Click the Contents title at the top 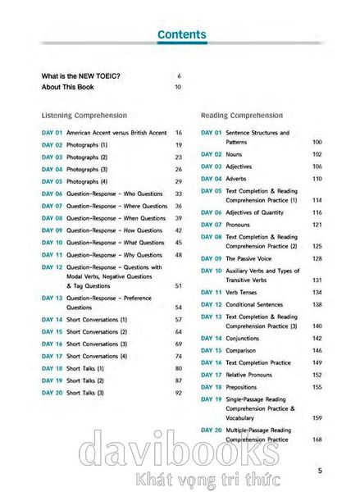(x=180, y=34)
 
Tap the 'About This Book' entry (x=69, y=87)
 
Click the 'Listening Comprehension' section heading (x=84, y=116)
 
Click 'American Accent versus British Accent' (x=116, y=132)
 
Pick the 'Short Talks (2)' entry (x=85, y=380)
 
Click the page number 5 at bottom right (x=320, y=470)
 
